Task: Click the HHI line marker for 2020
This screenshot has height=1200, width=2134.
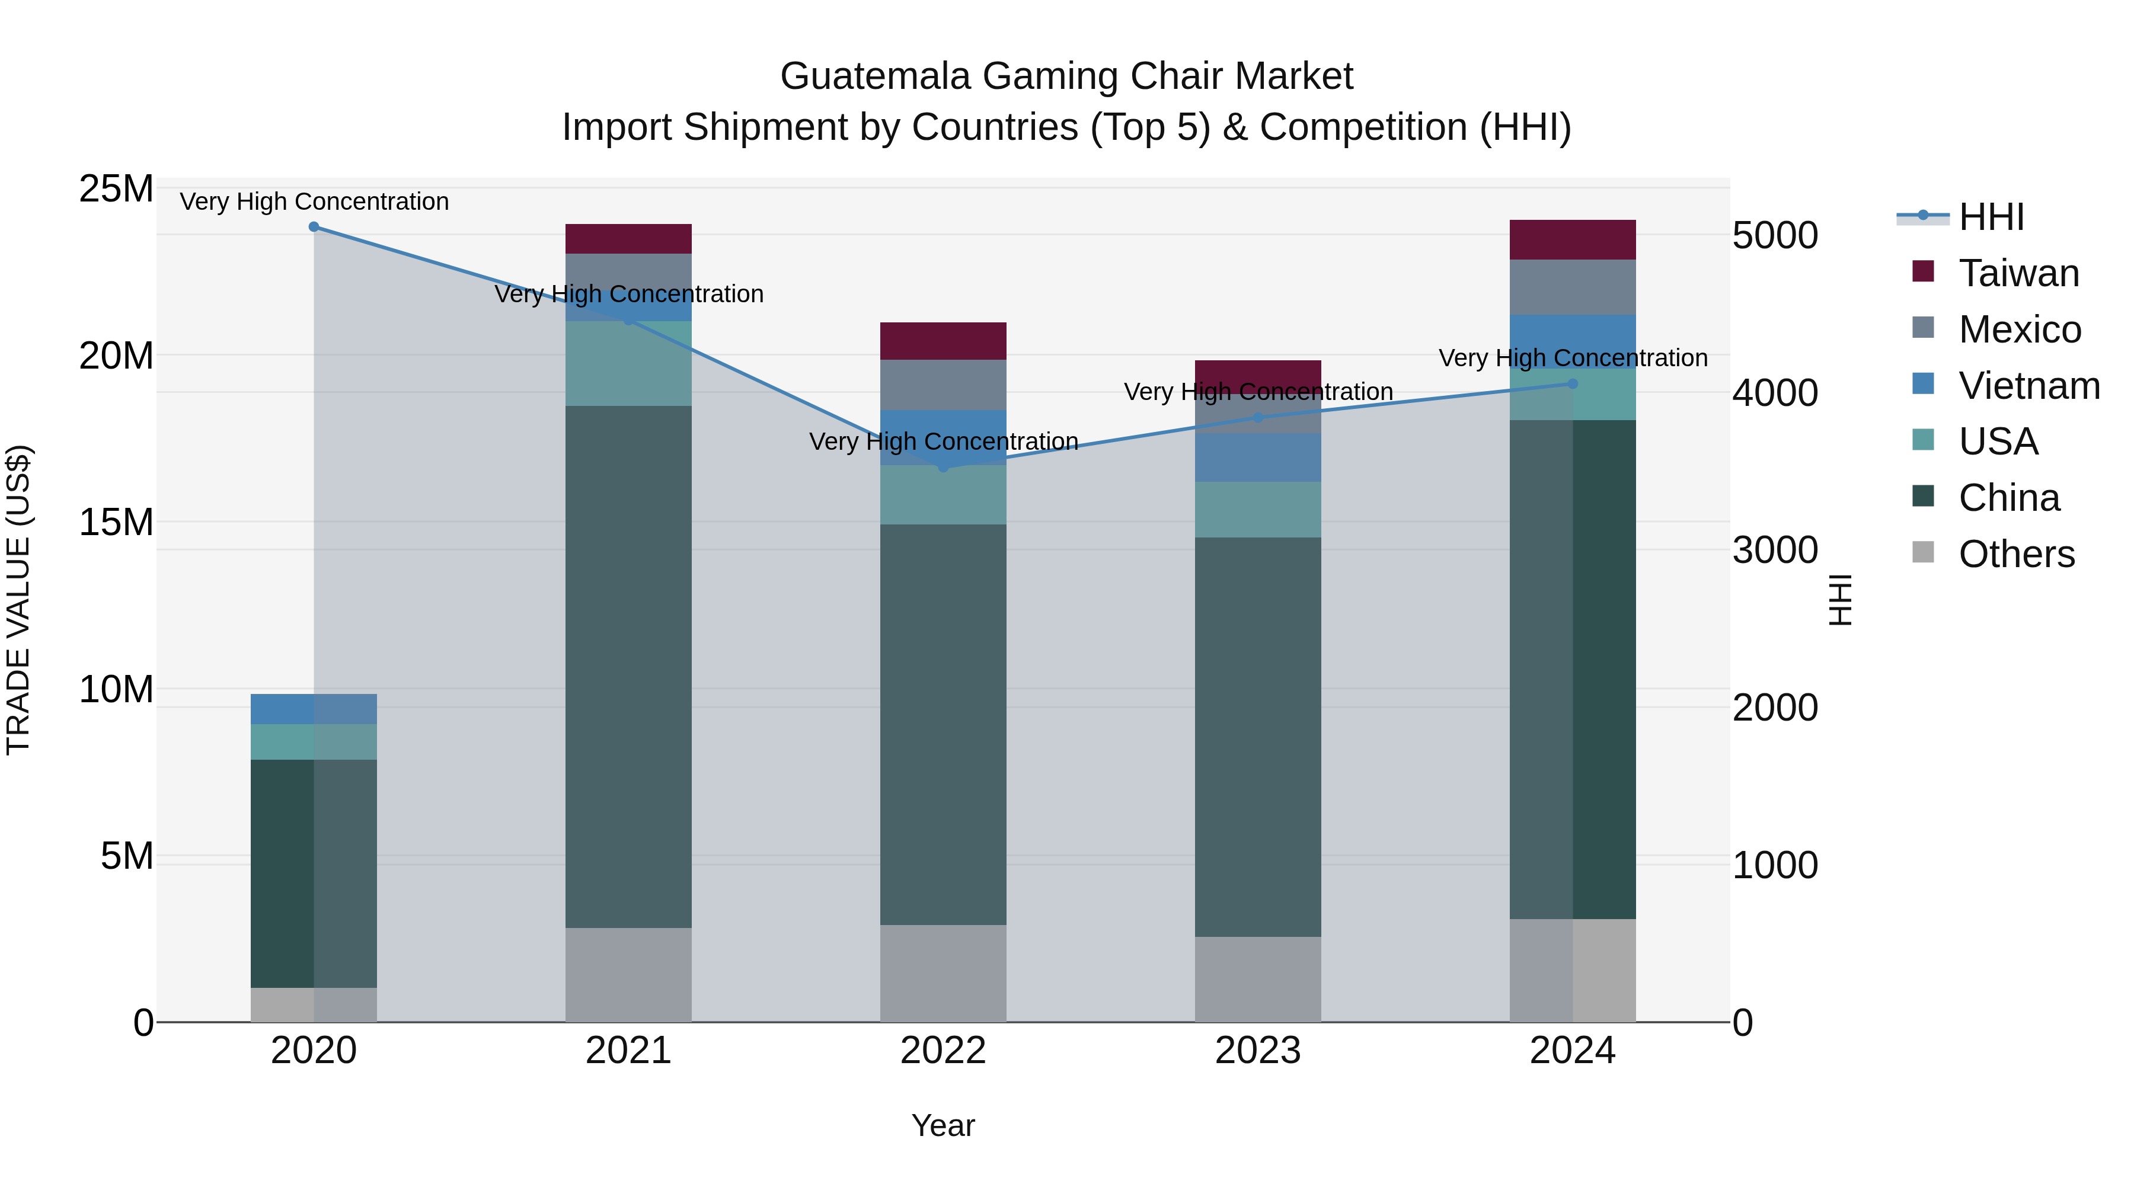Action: [314, 227]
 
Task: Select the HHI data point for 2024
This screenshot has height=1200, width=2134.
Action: [1573, 383]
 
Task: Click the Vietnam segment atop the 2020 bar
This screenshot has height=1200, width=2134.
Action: [314, 709]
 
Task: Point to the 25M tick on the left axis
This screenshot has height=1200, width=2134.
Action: [116, 189]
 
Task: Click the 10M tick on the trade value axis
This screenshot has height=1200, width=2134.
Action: [116, 689]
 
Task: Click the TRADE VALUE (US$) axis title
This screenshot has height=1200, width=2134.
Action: [18, 600]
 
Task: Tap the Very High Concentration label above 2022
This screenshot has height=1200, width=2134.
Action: [944, 441]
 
